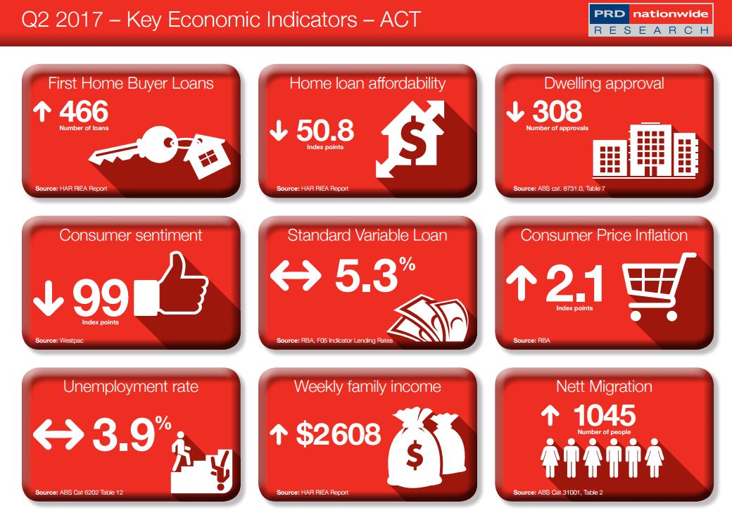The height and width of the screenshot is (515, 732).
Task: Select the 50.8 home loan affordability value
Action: pos(324,130)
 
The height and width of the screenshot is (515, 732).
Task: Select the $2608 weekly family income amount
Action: pos(338,435)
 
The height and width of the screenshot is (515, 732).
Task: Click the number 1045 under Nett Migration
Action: pos(604,416)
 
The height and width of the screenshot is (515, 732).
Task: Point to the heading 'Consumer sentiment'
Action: pos(131,235)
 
